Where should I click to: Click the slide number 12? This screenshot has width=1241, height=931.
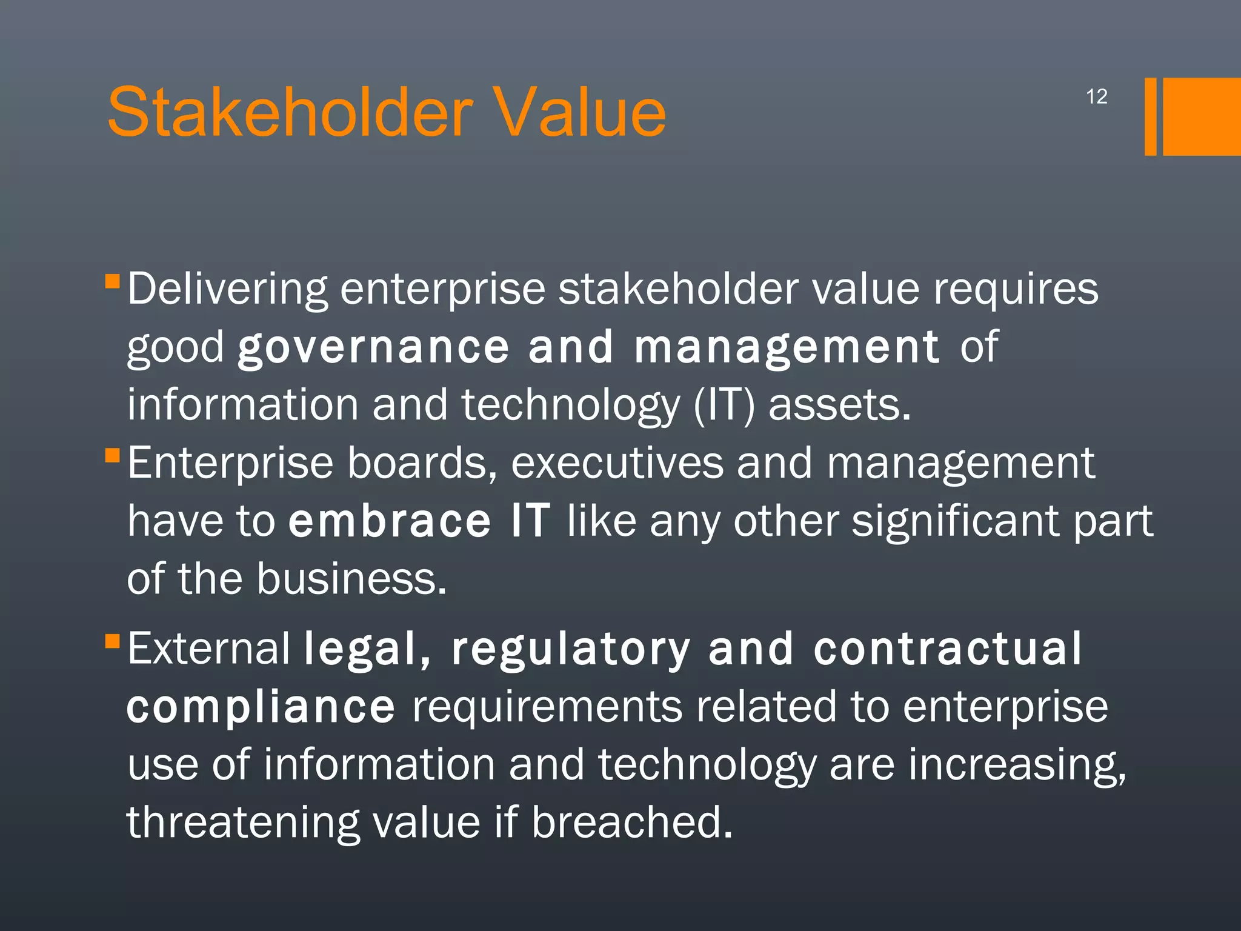pyautogui.click(x=1096, y=97)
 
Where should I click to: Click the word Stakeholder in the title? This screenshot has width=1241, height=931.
pyautogui.click(x=290, y=113)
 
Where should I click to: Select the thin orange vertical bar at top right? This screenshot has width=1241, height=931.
pyautogui.click(x=1150, y=116)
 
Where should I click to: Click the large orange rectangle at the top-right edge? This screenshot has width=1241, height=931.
pyautogui.click(x=1202, y=116)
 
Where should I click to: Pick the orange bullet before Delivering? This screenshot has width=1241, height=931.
pyautogui.click(x=112, y=281)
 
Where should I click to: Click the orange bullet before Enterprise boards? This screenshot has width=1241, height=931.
pyautogui.click(x=112, y=455)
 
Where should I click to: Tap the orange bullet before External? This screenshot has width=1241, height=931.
pyautogui.click(x=112, y=641)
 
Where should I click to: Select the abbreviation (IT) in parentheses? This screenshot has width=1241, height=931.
pyautogui.click(x=724, y=405)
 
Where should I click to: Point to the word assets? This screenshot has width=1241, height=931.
pyautogui.click(x=839, y=405)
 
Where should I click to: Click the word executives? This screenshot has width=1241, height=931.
pyautogui.click(x=617, y=464)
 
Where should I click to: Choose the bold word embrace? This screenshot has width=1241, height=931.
pyautogui.click(x=389, y=521)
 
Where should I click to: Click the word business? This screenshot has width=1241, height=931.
pyautogui.click(x=351, y=579)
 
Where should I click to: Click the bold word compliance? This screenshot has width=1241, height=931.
pyautogui.click(x=261, y=707)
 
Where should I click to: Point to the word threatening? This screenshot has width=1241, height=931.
pyautogui.click(x=243, y=823)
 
